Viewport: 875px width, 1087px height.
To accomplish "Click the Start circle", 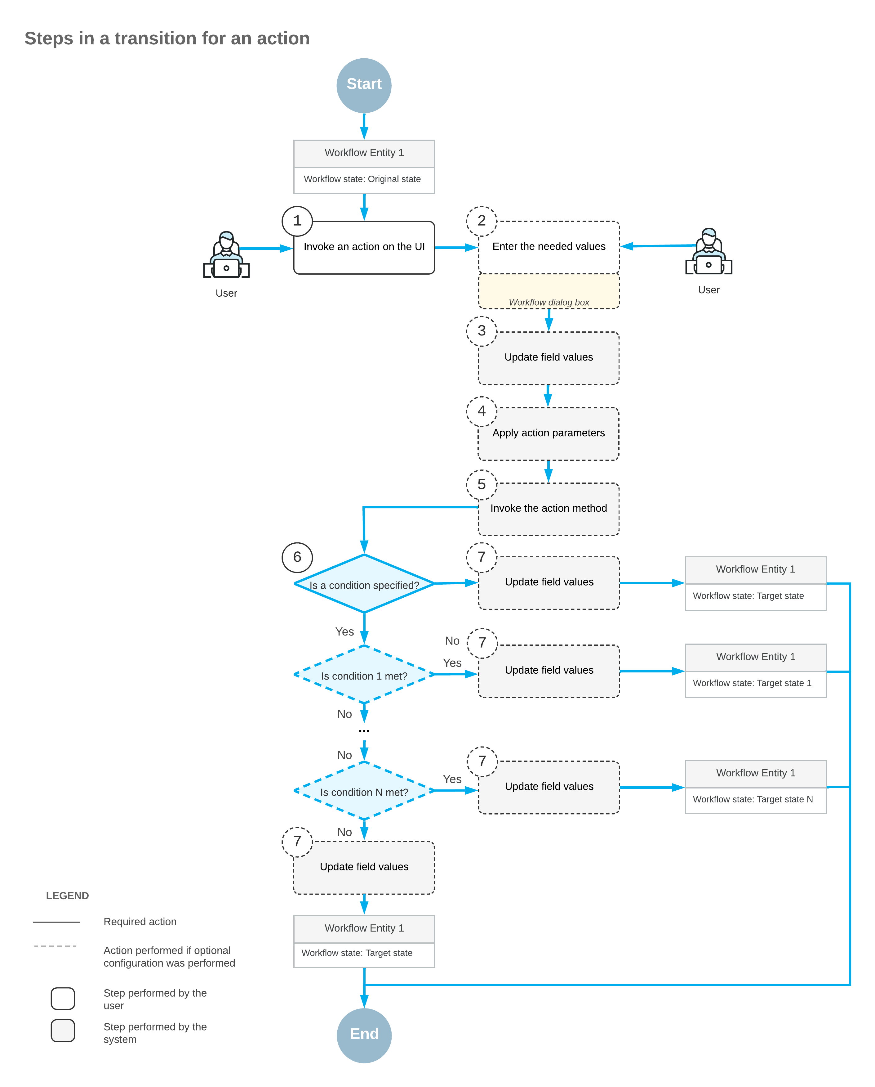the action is [x=364, y=85].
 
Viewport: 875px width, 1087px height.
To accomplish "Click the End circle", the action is [x=364, y=1035].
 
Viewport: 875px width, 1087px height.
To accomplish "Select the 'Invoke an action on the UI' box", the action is [x=364, y=248].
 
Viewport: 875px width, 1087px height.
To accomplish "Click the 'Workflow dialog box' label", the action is [x=549, y=302].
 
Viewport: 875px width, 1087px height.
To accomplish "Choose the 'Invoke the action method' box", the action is [x=549, y=509].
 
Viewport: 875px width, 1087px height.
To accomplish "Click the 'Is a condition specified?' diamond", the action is [x=364, y=584].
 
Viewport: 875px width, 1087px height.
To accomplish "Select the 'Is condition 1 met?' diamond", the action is [x=364, y=674].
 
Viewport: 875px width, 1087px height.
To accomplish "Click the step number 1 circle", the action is [x=297, y=221].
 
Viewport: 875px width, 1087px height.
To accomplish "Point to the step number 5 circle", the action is [x=481, y=485].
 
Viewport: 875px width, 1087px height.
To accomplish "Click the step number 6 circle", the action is [x=297, y=557].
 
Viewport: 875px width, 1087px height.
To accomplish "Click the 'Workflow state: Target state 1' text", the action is [x=752, y=683].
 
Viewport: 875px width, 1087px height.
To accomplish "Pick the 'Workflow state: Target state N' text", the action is [x=753, y=799].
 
